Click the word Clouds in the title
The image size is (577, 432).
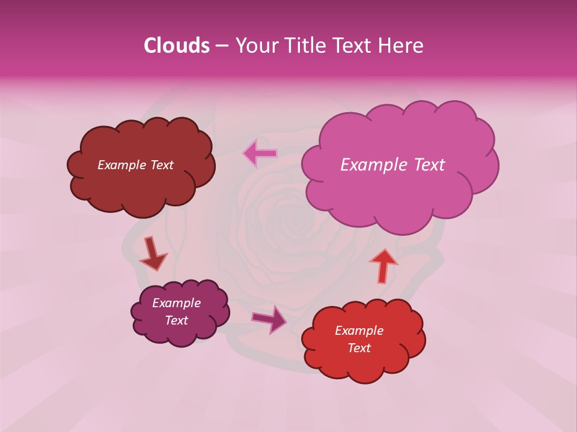[x=176, y=46]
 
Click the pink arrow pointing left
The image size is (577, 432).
[x=260, y=154]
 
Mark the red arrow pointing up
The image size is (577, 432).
[x=383, y=265]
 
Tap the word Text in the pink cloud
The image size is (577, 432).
[x=426, y=165]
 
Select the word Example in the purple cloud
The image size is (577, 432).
[x=176, y=303]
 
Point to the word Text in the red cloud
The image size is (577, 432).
[x=359, y=348]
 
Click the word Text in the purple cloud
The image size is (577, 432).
[x=176, y=320]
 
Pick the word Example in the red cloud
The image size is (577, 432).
[x=359, y=331]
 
